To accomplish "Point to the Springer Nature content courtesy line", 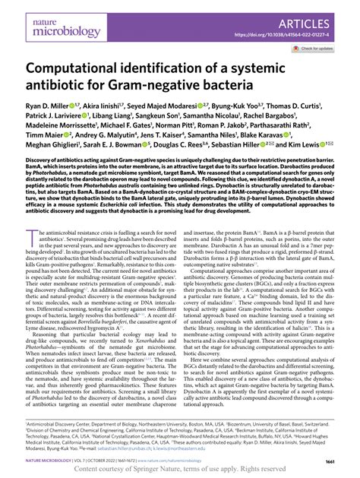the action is point(180,470).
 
